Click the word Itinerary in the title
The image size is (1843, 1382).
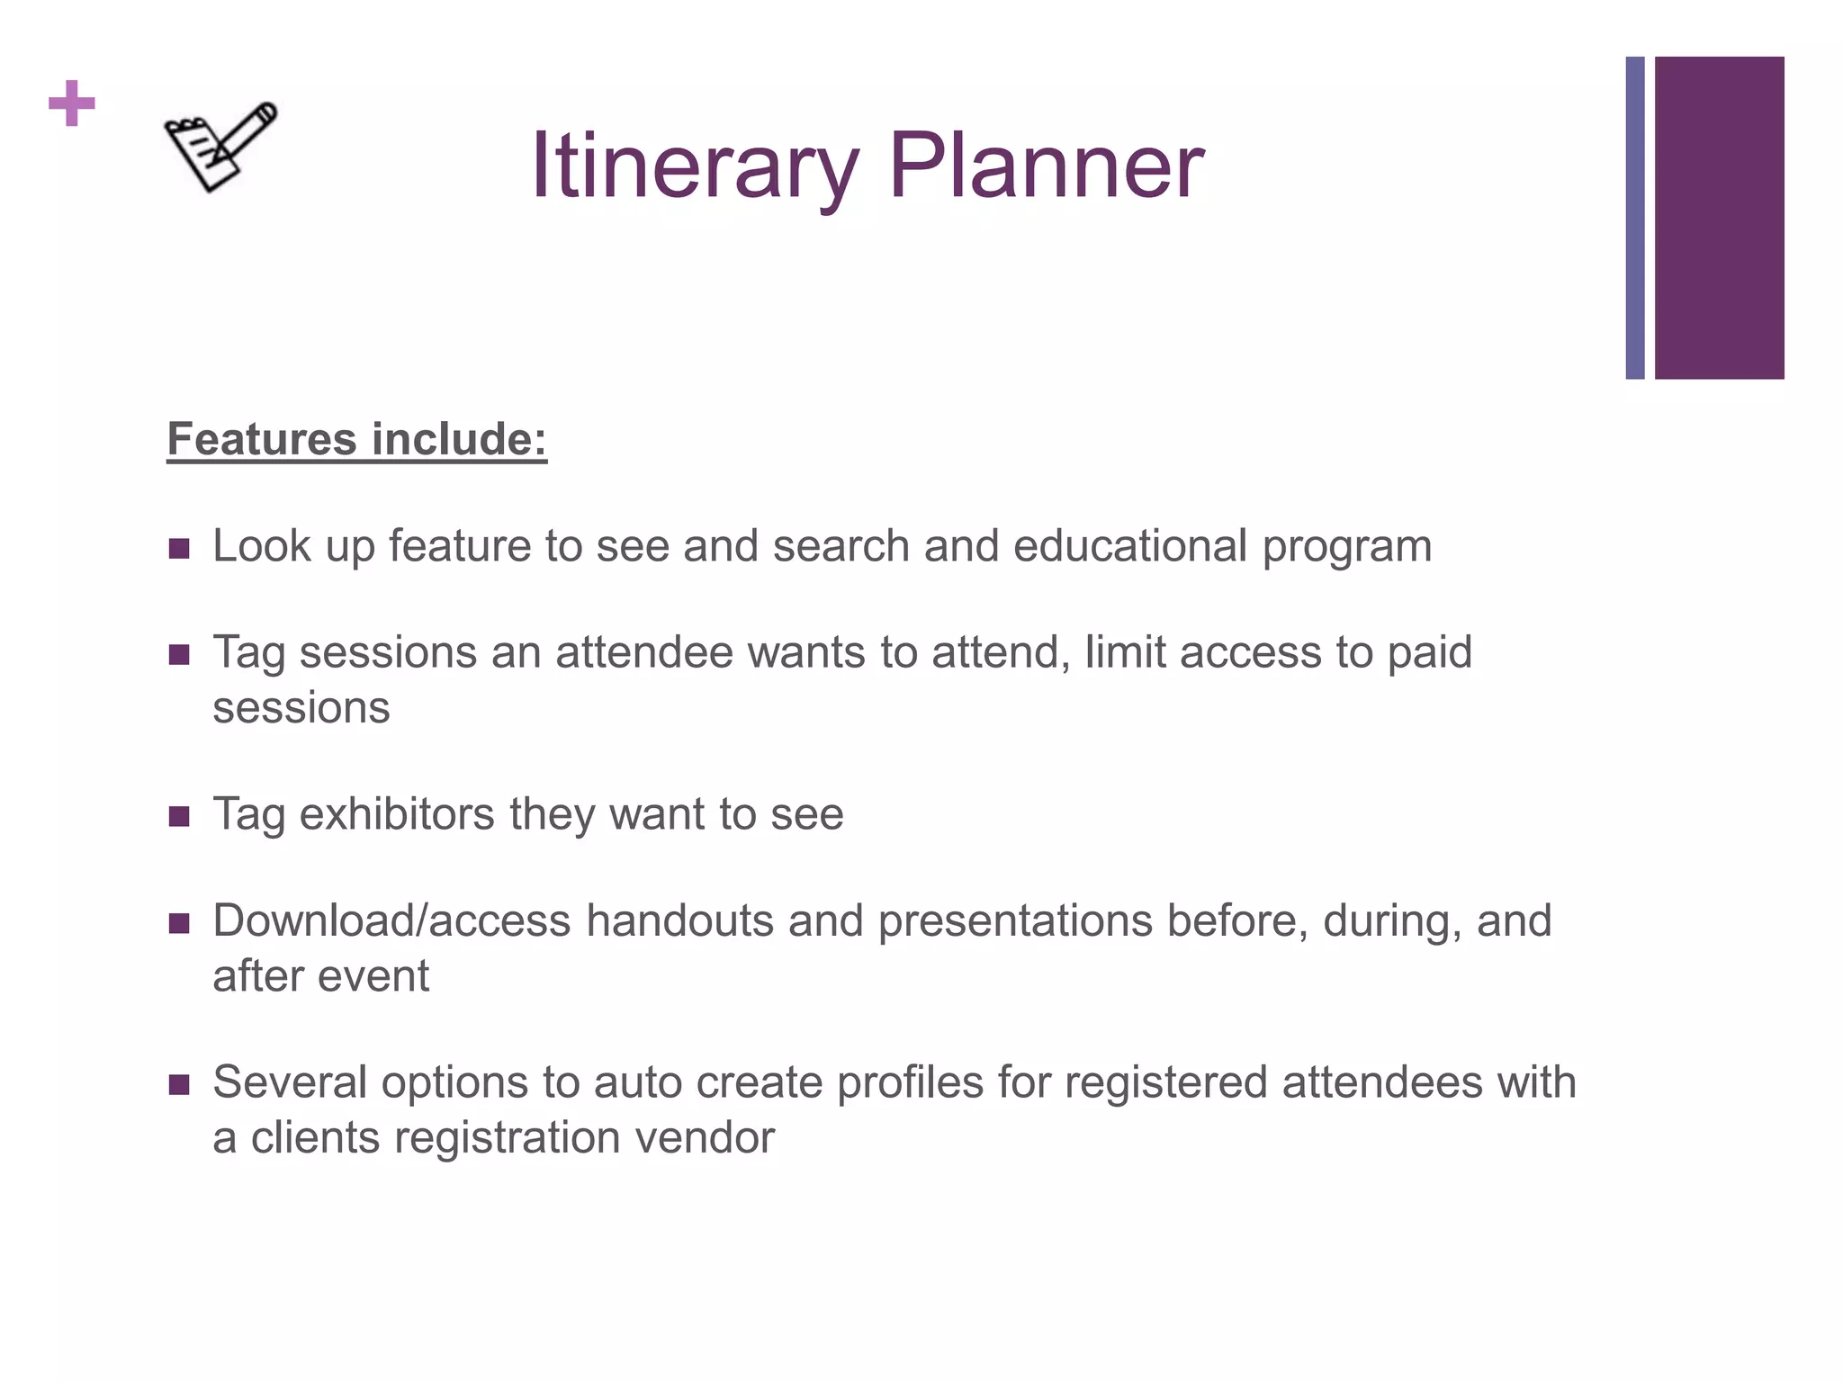tap(694, 166)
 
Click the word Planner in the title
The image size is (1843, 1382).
tap(1046, 166)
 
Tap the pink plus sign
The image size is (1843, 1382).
tap(72, 103)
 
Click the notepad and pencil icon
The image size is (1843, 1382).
tap(220, 146)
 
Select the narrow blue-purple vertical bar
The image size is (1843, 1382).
tap(1634, 218)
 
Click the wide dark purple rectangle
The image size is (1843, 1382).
tap(1719, 218)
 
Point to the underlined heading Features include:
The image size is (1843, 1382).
tap(356, 440)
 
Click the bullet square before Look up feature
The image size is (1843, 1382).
tap(179, 549)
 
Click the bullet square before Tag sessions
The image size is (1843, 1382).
tap(179, 655)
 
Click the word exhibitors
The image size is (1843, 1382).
tap(397, 814)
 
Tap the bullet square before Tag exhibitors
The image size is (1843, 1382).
tap(179, 817)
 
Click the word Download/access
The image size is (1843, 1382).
tap(391, 921)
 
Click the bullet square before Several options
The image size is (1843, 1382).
tap(179, 1084)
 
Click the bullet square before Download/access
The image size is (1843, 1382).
tap(179, 924)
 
